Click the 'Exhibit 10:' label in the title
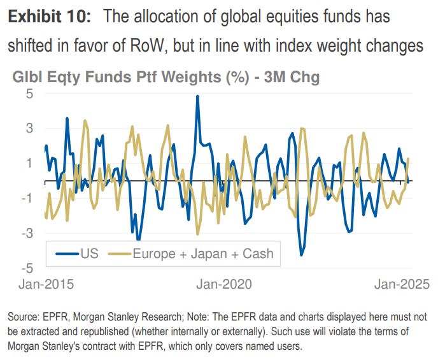pyautogui.click(x=49, y=17)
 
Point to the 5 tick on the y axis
pyautogui.click(x=29, y=94)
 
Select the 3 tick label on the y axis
pyautogui.click(x=29, y=128)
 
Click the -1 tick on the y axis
pyautogui.click(x=27, y=198)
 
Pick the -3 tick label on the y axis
pyautogui.click(x=27, y=233)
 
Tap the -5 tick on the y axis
pyautogui.click(x=27, y=267)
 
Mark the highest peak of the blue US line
pyautogui.click(x=197, y=96)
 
